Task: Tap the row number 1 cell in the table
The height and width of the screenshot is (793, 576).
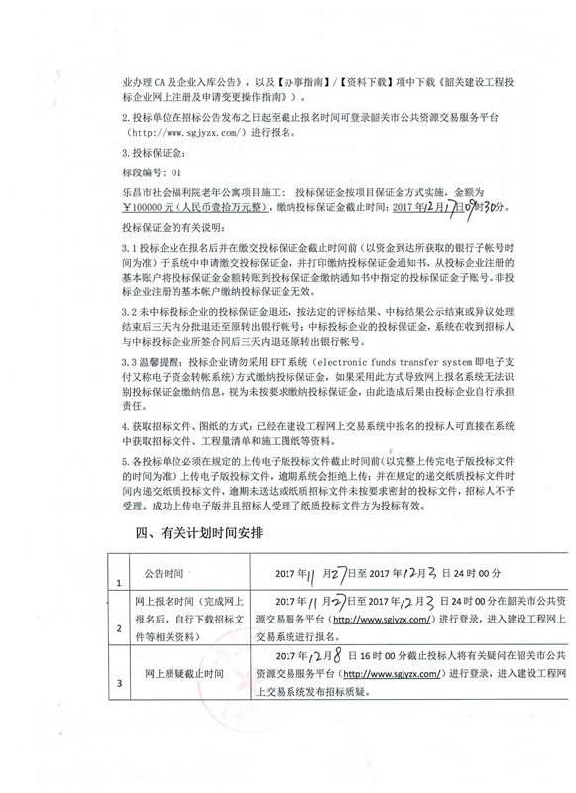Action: point(119,583)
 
